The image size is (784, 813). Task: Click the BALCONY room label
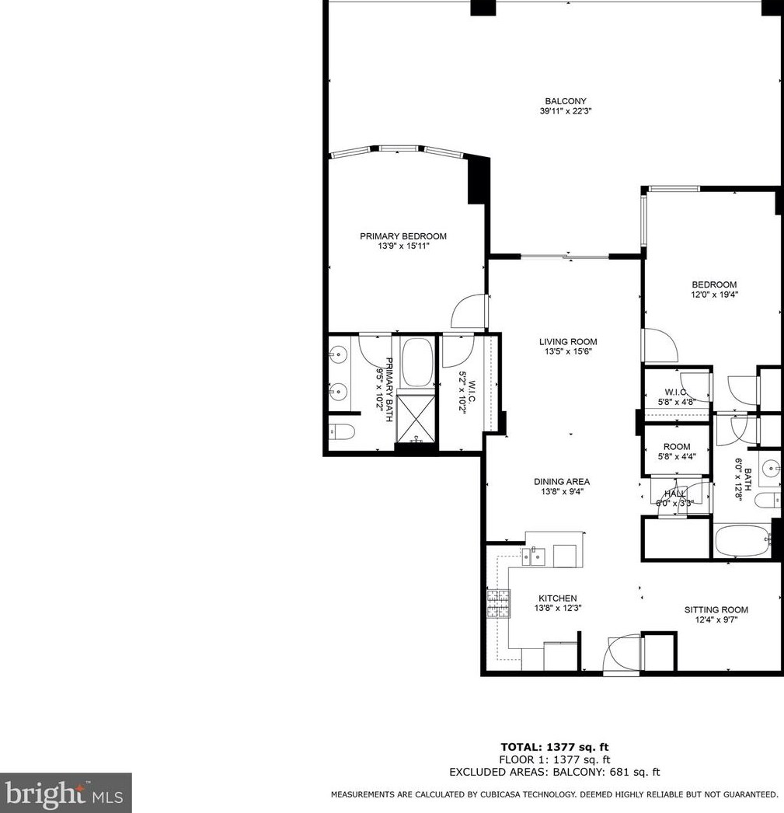tap(565, 101)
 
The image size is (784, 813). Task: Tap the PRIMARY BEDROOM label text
tap(402, 236)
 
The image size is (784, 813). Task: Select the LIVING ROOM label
tap(568, 341)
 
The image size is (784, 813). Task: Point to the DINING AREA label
tap(561, 481)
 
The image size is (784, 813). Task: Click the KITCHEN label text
tap(557, 598)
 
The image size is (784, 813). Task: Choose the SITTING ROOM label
tap(716, 610)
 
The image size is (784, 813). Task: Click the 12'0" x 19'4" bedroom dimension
tap(714, 295)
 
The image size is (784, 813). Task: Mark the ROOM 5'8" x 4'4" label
tap(676, 452)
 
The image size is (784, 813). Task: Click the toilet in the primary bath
tap(341, 431)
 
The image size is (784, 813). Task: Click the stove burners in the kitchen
tap(498, 603)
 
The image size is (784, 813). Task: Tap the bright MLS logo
tap(65, 793)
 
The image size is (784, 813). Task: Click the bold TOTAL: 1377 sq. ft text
tap(555, 747)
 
